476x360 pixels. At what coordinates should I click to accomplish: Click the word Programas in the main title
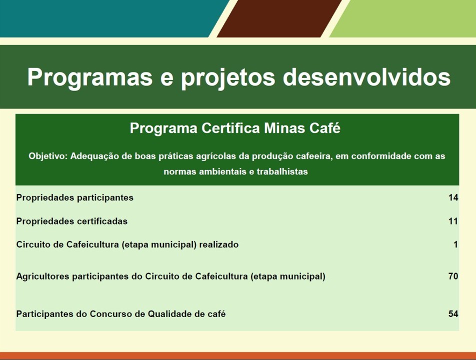[x=90, y=78]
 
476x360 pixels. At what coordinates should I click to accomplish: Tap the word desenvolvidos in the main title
[x=366, y=77]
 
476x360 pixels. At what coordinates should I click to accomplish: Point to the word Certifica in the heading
[x=230, y=128]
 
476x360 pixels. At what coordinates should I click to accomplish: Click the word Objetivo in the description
[x=48, y=156]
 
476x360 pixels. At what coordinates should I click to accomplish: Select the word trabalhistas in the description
[x=282, y=171]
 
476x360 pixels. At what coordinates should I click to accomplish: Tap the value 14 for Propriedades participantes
[x=453, y=197]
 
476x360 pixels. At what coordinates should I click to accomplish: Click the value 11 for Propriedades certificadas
[x=453, y=221]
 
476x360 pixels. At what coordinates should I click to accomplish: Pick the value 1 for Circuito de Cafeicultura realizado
[x=455, y=244]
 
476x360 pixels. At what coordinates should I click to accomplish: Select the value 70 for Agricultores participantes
[x=453, y=276]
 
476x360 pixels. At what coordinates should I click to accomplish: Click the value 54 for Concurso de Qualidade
[x=453, y=314]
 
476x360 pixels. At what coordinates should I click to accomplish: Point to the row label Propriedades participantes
[x=75, y=197]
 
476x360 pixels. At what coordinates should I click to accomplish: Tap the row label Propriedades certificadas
[x=72, y=221]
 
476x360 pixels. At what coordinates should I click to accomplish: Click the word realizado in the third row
[x=219, y=244]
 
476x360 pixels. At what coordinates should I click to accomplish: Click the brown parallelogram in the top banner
[x=279, y=18]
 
